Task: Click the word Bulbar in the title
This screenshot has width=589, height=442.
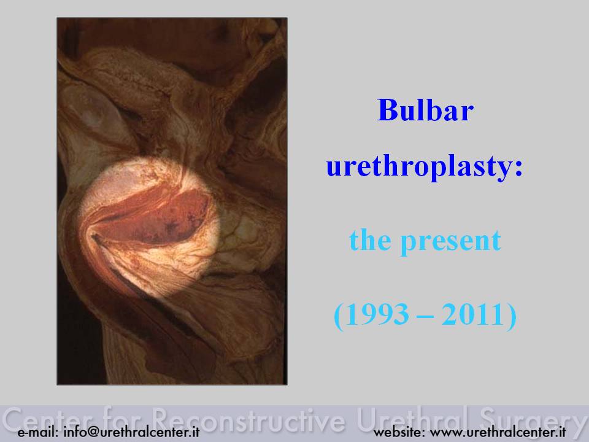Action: coord(425,110)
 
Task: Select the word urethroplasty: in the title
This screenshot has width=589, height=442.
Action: coord(425,167)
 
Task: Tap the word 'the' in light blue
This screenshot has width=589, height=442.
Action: coord(370,240)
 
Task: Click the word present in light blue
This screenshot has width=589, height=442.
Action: coord(451,242)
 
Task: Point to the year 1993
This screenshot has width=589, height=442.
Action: coord(377,314)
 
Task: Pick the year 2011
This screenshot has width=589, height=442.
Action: coord(472,314)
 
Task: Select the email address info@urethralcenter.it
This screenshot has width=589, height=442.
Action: coord(131,432)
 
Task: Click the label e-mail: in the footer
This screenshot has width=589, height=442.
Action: coord(38,432)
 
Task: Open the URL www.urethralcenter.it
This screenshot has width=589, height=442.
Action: coord(498,432)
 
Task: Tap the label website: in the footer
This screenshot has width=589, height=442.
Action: coord(399,432)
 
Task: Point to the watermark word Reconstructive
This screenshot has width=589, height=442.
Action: coord(248,419)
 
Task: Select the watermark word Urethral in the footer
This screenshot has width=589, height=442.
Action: coord(412,419)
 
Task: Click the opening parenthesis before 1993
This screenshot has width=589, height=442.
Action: coord(339,316)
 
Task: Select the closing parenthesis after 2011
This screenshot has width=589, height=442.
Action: coord(511,316)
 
